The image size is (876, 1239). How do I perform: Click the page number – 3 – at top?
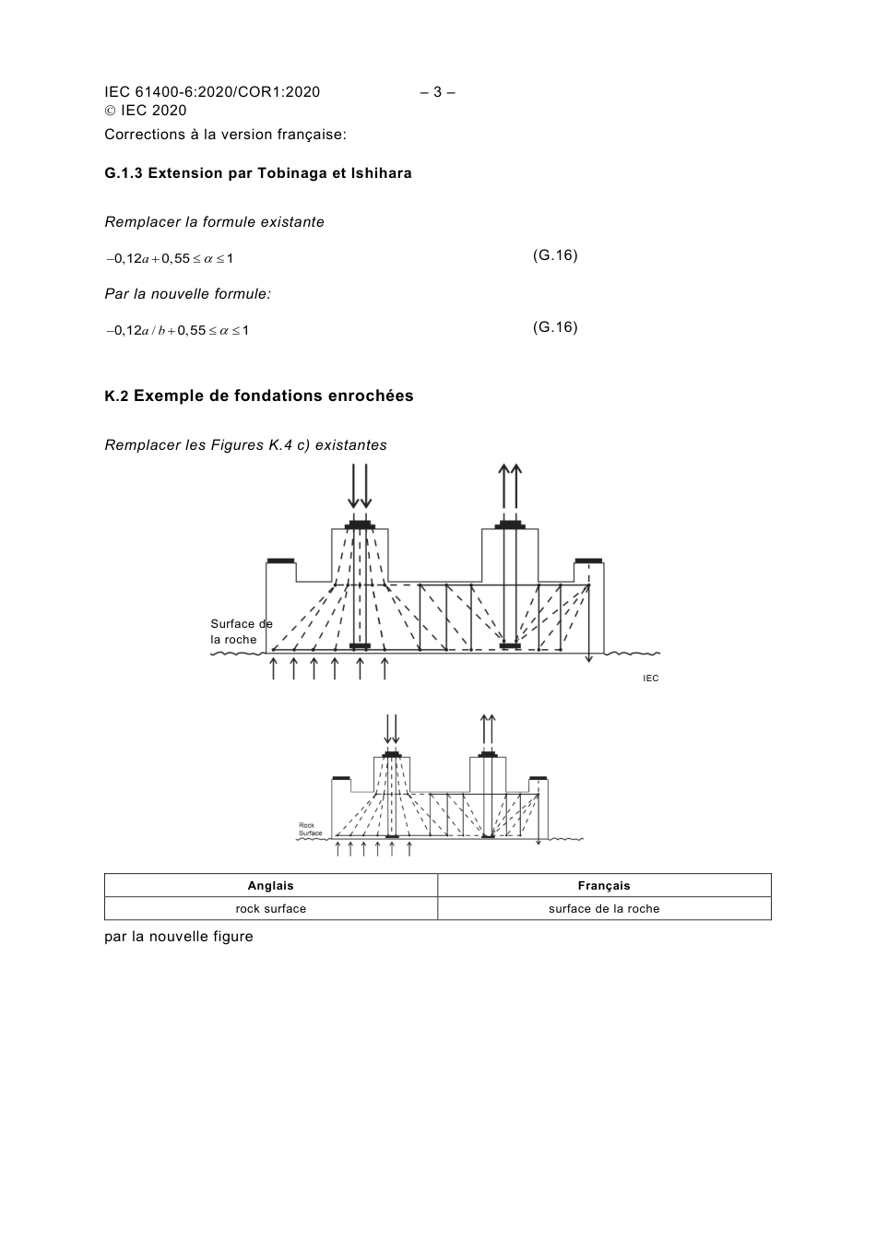(438, 92)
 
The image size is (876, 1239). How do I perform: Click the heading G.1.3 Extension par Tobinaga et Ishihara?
(258, 173)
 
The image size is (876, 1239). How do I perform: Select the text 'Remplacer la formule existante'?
(214, 222)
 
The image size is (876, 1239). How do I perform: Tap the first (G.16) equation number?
(555, 255)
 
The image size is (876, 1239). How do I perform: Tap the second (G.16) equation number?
(555, 327)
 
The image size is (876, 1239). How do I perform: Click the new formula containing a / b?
(178, 330)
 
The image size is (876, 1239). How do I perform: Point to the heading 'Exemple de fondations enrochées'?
(273, 396)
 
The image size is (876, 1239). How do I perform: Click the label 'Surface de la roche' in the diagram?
(241, 631)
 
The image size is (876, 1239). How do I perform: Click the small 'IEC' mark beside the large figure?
(651, 678)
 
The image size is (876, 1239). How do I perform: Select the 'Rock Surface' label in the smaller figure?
(311, 829)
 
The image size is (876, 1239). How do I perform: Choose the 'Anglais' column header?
(270, 886)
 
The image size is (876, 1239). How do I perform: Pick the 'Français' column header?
(604, 886)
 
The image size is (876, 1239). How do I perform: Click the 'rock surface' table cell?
(270, 909)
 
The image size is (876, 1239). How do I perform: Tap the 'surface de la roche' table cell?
(604, 909)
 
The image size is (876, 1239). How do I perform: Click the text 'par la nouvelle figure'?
(179, 937)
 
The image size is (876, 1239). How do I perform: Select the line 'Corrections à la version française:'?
(225, 135)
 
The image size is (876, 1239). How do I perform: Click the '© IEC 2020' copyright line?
(146, 111)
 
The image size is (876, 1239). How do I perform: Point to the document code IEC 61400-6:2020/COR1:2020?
(212, 92)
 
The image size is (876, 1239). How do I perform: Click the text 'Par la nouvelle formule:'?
(187, 294)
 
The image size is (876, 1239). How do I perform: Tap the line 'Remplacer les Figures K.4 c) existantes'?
(245, 445)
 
